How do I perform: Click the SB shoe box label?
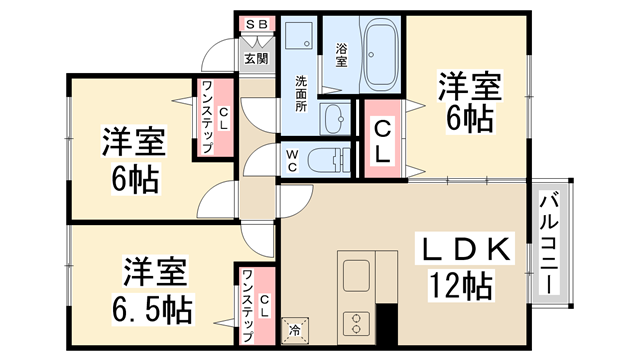point(257,21)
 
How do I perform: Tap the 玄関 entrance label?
point(256,58)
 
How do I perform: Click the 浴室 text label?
point(341,54)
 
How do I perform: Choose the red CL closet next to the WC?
point(381,141)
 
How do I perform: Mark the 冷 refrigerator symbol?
point(296,327)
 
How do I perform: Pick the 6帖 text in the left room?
point(134,180)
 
